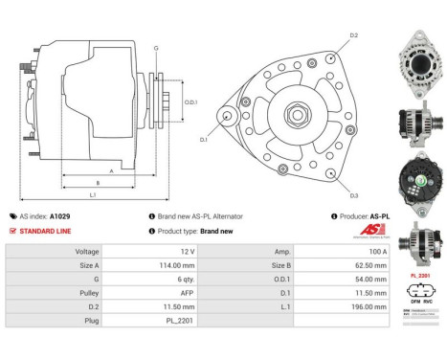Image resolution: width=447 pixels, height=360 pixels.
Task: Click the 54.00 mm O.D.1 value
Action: pos(370,279)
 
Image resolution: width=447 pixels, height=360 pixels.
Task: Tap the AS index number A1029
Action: pos(59,216)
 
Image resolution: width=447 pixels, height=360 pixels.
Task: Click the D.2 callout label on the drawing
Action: pos(353,35)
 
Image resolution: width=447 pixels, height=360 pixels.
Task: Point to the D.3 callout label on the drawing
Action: pos(353,196)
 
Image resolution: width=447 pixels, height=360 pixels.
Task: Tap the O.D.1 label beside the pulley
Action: pos(191,102)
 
